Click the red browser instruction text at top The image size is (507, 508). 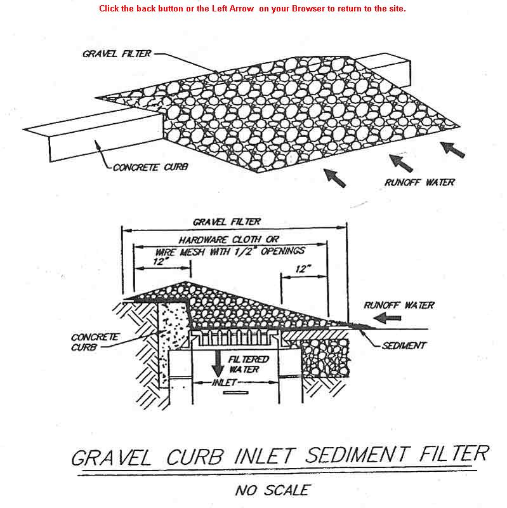(x=252, y=8)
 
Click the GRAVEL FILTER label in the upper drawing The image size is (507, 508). (x=117, y=53)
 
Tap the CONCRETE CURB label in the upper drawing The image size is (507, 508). (x=150, y=167)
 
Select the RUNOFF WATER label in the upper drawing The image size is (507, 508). (x=419, y=182)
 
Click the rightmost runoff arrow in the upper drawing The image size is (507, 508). (x=452, y=150)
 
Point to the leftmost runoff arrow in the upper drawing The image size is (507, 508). (x=335, y=178)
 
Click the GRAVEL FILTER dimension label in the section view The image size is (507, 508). (x=227, y=222)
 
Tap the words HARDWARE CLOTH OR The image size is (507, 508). (x=228, y=239)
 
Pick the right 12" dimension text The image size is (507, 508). (x=303, y=269)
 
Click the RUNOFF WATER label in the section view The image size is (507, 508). (x=399, y=305)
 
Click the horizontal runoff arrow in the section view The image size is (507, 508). (x=387, y=318)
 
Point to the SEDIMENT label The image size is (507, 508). (x=404, y=345)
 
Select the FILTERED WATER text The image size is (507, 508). (x=248, y=364)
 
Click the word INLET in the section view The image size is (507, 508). (x=225, y=383)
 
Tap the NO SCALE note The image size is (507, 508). (x=273, y=490)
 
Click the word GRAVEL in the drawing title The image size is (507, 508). (x=112, y=457)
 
